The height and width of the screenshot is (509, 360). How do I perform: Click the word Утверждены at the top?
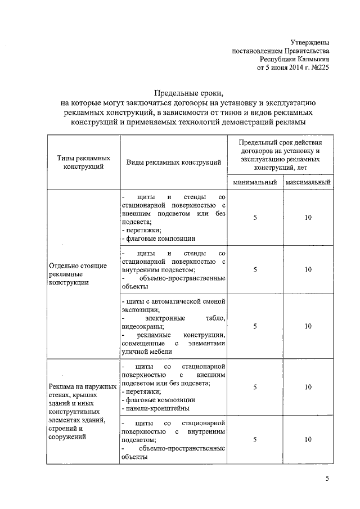[310, 43]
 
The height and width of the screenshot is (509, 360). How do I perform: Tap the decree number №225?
[319, 68]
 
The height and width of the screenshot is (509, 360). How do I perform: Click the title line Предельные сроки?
[188, 93]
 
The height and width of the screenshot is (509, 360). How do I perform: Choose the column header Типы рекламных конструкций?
[83, 163]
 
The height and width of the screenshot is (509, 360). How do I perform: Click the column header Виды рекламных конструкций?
[173, 163]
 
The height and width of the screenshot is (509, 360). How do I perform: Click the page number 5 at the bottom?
[327, 479]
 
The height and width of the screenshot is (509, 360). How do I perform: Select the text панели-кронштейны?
[155, 408]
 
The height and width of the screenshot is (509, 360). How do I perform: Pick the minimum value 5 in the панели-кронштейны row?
[255, 387]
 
